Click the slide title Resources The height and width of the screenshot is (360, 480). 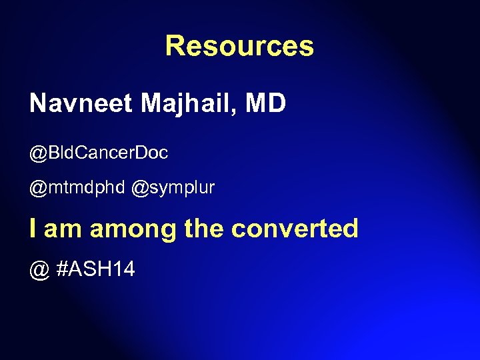pyautogui.click(x=239, y=46)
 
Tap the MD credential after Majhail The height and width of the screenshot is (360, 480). pyautogui.click(x=266, y=103)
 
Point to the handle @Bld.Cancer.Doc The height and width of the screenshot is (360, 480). pyautogui.click(x=99, y=153)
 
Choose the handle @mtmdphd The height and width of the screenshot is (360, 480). pyautogui.click(x=77, y=189)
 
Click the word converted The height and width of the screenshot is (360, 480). pyautogui.click(x=295, y=229)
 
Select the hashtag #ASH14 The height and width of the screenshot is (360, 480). pyautogui.click(x=96, y=269)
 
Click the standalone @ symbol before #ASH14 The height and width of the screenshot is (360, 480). pyautogui.click(x=39, y=270)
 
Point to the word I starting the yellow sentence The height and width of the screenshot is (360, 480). pyautogui.click(x=33, y=229)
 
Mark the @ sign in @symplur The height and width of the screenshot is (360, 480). pyautogui.click(x=140, y=189)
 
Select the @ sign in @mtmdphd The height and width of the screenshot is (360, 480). pyautogui.click(x=39, y=189)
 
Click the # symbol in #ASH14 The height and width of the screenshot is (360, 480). pyautogui.click(x=63, y=269)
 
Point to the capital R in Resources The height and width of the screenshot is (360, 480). pyautogui.click(x=175, y=46)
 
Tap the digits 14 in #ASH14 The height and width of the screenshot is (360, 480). pyautogui.click(x=124, y=269)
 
